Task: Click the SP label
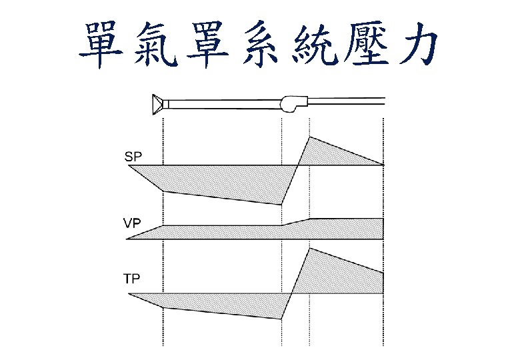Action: pos(133,157)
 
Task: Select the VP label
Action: pos(133,223)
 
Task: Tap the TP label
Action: pos(132,279)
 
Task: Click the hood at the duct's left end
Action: pos(157,103)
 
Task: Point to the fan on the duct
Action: pos(293,103)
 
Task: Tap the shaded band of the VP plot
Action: pos(267,232)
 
